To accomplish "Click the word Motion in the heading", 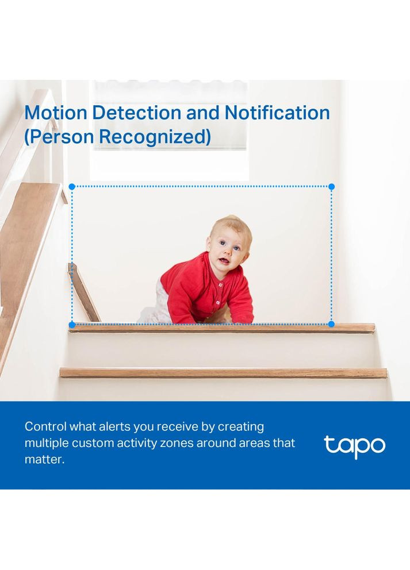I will coord(56,112).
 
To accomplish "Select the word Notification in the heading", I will coord(277,112).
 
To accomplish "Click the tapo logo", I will coord(354,446).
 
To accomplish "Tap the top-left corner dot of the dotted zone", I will coord(72,187).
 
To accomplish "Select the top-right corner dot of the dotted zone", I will coord(331,187).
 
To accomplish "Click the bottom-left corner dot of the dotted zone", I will coord(72,325).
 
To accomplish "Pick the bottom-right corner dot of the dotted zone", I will coord(331,325).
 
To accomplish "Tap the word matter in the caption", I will coord(43,460).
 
